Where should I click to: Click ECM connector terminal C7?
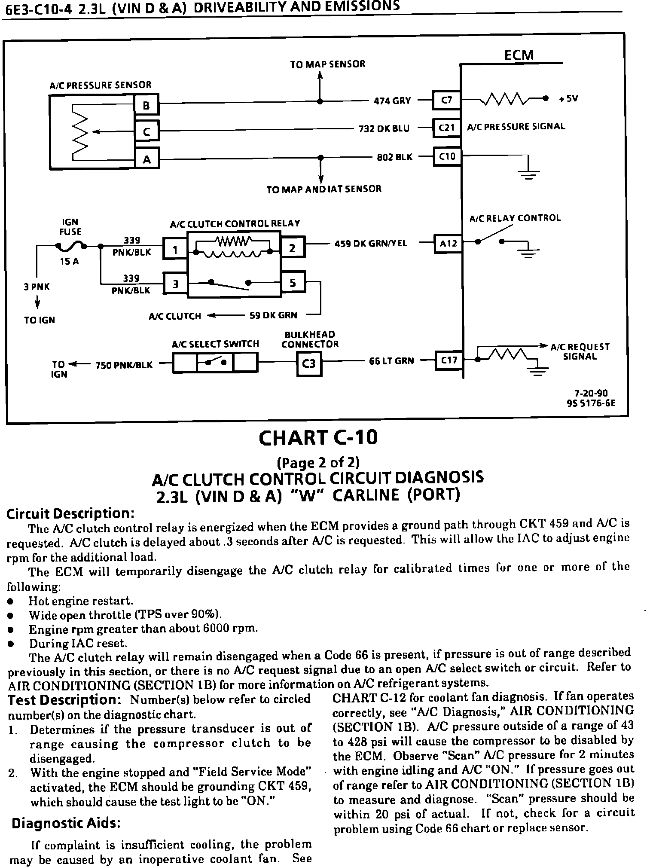click(447, 101)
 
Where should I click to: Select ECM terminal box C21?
click(447, 128)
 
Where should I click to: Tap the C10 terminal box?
click(447, 156)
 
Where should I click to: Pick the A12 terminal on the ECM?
click(448, 244)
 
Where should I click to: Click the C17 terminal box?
click(449, 360)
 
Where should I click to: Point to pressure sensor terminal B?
click(146, 105)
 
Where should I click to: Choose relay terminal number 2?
click(292, 248)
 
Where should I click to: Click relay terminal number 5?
click(293, 282)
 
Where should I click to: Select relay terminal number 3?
click(175, 284)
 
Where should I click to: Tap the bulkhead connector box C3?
click(309, 363)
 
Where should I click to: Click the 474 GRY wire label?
click(392, 101)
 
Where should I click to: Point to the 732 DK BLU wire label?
click(384, 128)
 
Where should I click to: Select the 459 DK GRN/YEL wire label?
click(370, 244)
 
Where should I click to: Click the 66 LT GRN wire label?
click(391, 360)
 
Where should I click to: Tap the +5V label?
click(568, 98)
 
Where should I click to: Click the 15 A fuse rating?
click(69, 261)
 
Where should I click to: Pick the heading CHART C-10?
click(318, 438)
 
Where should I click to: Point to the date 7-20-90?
click(591, 394)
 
